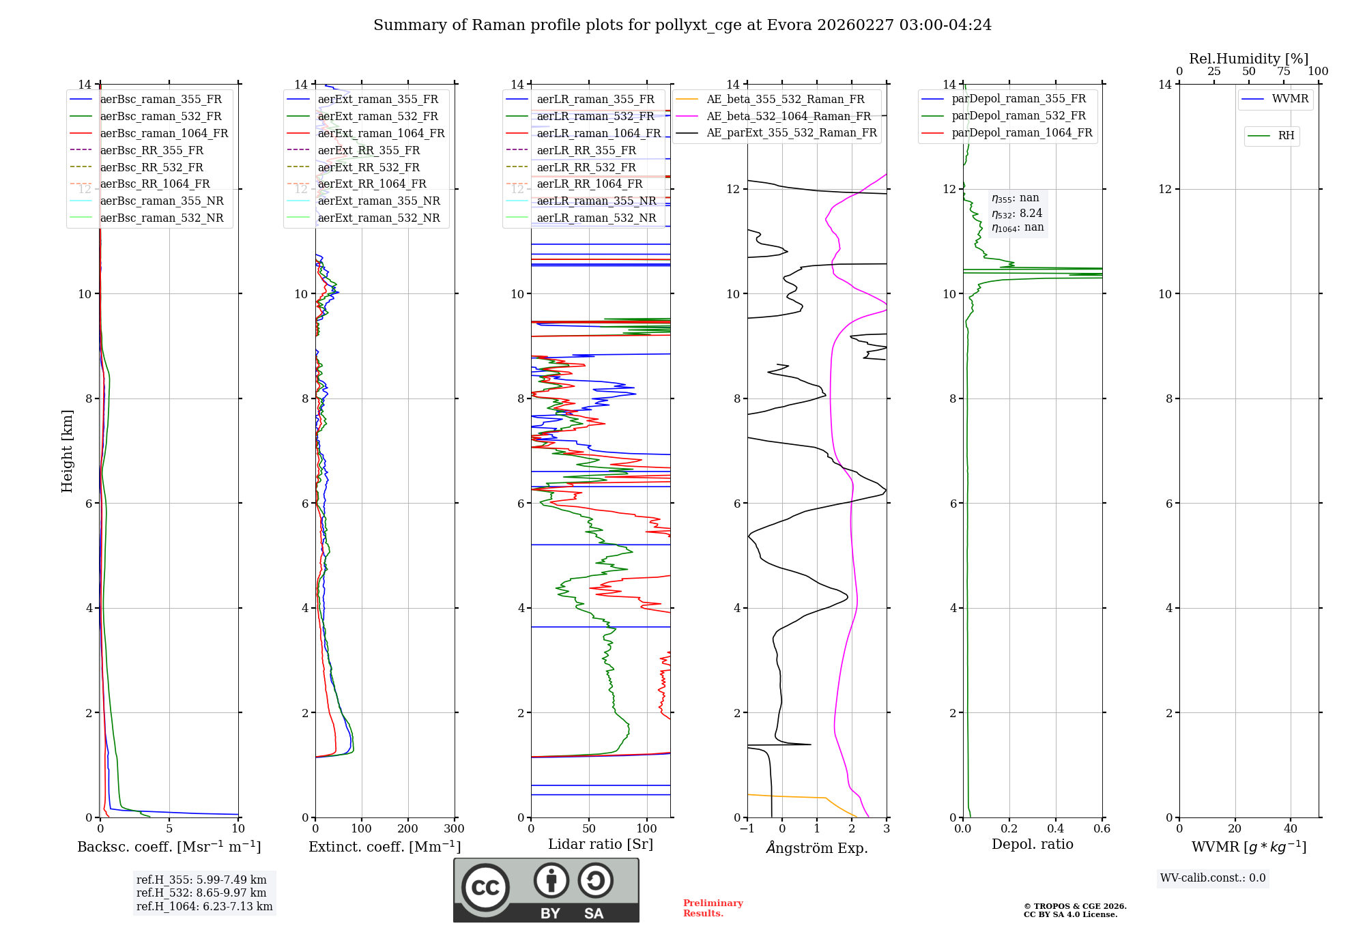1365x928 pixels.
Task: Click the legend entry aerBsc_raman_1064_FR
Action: click(164, 134)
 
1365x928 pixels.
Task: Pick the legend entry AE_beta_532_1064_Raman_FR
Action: click(788, 116)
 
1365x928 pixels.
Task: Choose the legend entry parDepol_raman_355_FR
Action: click(1018, 99)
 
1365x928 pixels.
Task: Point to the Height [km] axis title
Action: click(67, 451)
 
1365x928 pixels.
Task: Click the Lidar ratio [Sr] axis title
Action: click(600, 844)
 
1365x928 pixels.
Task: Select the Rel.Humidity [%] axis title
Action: click(1248, 59)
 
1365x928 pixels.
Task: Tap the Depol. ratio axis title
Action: click(1032, 844)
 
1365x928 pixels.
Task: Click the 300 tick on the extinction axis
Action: click(454, 829)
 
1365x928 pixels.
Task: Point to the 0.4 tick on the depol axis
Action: click(1055, 829)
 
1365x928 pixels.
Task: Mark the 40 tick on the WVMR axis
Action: click(1290, 829)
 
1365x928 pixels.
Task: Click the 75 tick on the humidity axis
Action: click(1283, 72)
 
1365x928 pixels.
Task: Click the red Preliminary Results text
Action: click(713, 908)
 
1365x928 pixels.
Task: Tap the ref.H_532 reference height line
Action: click(201, 893)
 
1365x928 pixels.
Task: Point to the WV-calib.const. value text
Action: click(1212, 878)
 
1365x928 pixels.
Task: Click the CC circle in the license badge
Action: click(485, 888)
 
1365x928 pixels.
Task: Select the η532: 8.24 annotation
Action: click(1017, 214)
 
